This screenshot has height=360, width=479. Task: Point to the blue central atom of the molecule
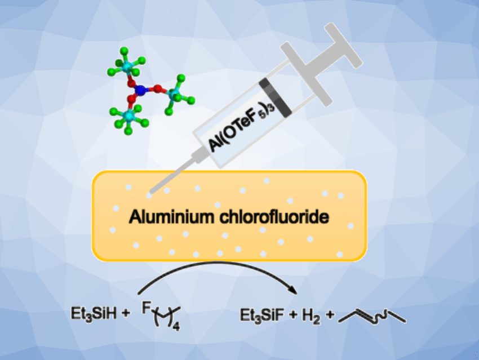(x=141, y=88)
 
